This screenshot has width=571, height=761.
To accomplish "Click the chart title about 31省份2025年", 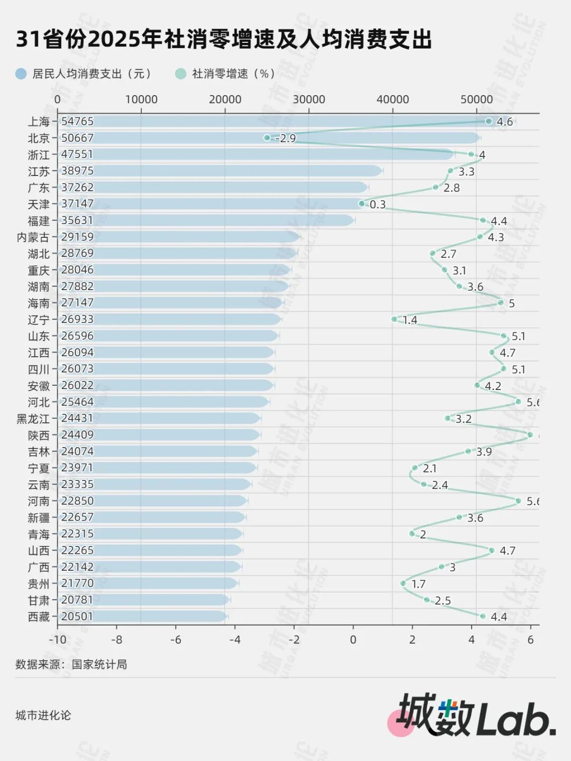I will (224, 40).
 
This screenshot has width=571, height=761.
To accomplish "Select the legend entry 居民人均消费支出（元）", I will (85, 73).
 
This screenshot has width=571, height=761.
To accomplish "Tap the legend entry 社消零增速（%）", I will (226, 73).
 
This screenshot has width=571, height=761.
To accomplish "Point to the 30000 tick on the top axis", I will (309, 99).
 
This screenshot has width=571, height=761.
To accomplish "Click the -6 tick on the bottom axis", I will (176, 639).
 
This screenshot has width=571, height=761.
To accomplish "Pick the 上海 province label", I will (39, 122).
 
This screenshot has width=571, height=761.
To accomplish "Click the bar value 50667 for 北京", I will (77, 138).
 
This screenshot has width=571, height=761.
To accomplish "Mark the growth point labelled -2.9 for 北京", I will (267, 138).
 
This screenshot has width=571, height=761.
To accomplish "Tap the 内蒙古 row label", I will (33, 237).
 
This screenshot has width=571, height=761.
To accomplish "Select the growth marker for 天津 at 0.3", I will (362, 203).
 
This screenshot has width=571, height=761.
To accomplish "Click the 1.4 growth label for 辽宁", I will (410, 320).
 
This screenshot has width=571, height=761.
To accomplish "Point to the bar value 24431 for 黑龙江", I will (77, 419).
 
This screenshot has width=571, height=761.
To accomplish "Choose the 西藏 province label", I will (39, 617).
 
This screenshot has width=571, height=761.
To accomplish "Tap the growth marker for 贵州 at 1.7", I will (403, 583).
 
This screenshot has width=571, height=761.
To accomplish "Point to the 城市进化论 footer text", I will (43, 716).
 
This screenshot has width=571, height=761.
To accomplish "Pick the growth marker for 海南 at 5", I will (500, 303).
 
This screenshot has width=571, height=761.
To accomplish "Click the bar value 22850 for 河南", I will (77, 501).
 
